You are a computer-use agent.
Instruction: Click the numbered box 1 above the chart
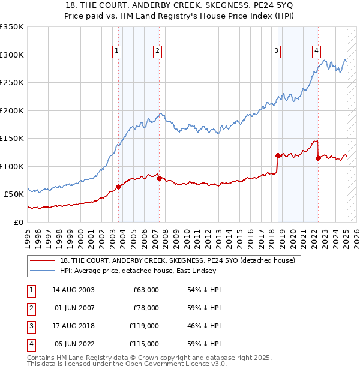point(116,51)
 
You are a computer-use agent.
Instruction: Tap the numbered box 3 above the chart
point(276,51)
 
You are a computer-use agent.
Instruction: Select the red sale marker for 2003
point(119,187)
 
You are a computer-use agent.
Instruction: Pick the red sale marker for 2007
point(159,178)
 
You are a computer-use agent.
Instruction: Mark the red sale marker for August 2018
point(278,155)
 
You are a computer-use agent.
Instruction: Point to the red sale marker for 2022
point(318,158)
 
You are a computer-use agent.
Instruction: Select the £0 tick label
point(19,222)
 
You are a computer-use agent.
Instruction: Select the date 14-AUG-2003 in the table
point(74,290)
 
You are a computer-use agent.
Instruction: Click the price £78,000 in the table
point(146,308)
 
